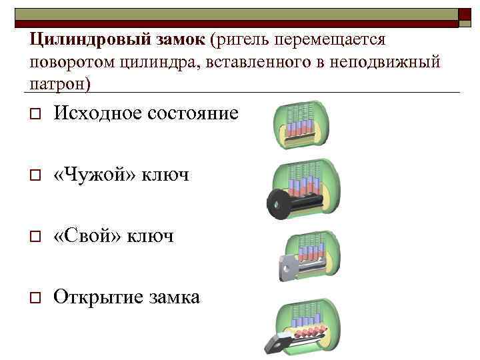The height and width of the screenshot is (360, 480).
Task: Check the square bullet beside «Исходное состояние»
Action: point(34,113)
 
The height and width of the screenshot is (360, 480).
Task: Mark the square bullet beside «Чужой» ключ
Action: point(34,175)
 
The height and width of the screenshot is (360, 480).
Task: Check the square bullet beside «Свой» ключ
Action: point(34,237)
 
